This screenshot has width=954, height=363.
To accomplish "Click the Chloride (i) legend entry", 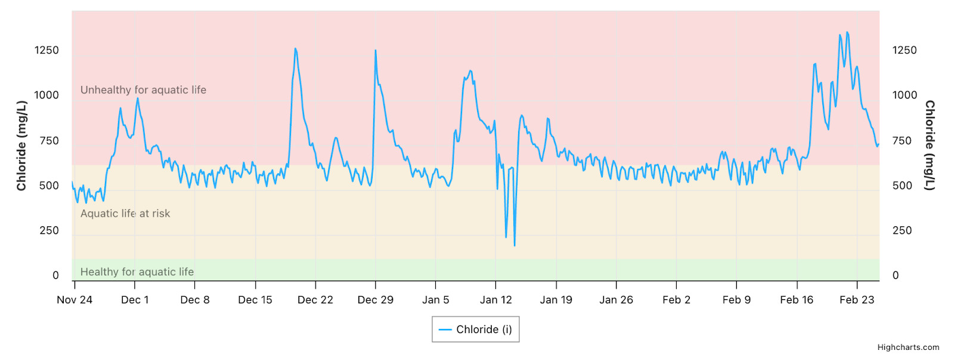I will pos(476,330).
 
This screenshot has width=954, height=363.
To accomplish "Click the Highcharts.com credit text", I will pos(908,347).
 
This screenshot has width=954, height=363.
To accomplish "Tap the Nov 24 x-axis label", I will pos(75,300).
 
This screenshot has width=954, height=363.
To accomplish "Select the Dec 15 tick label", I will pos(255,300).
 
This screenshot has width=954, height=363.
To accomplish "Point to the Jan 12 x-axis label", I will pos(496,300).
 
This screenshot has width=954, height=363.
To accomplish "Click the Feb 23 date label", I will pos(857,300).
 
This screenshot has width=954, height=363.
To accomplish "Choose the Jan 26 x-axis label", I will pos(616,300).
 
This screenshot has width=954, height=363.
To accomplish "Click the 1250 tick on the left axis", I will pos(47,50).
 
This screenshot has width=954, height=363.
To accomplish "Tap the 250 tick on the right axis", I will pos(902,230).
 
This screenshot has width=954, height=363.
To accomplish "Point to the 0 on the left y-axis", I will pos(55,275).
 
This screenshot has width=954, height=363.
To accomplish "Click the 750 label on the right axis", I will pos(902,141).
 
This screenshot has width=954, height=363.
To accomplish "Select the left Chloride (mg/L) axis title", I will pos(21,146).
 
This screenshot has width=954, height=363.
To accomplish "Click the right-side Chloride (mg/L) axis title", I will pos(930,146).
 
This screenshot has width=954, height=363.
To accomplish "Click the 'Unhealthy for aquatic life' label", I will pos(143,90).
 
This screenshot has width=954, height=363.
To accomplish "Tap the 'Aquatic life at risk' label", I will pos(125,214).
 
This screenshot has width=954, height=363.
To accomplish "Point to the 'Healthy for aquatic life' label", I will pos(137,272).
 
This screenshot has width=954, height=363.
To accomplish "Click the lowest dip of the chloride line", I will pos(515,245).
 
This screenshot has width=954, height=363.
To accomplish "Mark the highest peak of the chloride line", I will pos(847,32).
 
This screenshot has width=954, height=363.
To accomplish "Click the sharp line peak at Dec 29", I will pos(376,50).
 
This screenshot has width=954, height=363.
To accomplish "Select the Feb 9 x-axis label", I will pos(736,300).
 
